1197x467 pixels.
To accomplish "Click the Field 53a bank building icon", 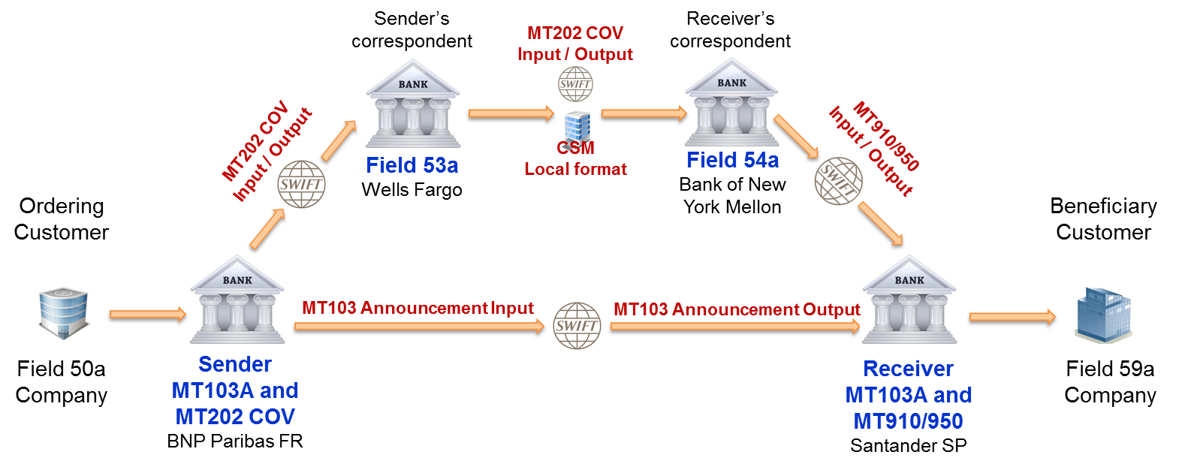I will coord(412,103).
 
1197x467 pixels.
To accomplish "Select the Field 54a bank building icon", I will coord(731,101).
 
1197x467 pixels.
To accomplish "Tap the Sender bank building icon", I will coord(237,299).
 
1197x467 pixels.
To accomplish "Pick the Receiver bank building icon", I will coord(909,299).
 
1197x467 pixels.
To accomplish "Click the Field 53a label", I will coord(412,165).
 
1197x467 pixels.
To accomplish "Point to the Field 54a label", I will coord(732,160).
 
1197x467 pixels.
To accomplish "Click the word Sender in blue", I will coord(235,364).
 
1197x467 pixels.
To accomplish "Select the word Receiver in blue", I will coord(908,369).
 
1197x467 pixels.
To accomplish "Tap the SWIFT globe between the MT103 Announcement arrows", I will coord(577,326).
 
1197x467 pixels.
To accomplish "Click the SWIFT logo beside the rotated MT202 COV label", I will coord(301,184).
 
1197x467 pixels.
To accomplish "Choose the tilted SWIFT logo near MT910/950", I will coord(838,181).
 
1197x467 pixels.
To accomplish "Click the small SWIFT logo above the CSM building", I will coord(575,84).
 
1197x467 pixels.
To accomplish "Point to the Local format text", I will coord(575,169).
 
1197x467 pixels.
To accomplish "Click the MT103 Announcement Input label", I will coord(418,308).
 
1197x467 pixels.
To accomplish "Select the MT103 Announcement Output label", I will coord(736,309).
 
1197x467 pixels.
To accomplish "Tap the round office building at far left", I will coord(64,313).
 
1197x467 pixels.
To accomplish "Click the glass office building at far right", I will coord(1103,315).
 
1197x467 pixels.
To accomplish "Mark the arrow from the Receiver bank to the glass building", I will coord(1012,317).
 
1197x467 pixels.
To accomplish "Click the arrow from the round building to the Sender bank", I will coord(147,314).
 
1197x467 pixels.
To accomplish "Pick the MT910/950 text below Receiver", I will coord(908,421).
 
